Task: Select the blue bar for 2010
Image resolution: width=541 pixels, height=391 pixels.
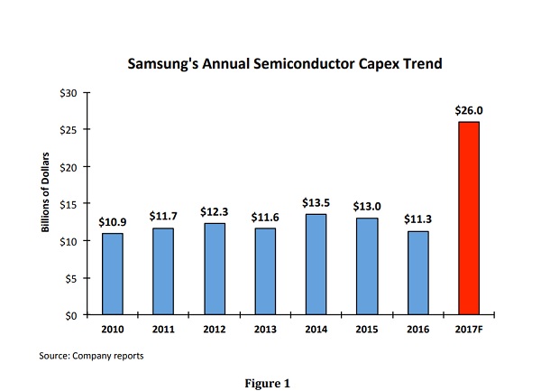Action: tap(113, 275)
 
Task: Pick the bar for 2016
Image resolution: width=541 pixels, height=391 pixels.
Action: tap(419, 273)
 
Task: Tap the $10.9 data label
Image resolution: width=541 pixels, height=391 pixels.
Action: tap(113, 222)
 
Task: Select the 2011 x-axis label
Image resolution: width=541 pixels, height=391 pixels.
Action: tap(164, 330)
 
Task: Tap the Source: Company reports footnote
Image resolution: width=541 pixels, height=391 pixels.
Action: tap(92, 356)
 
